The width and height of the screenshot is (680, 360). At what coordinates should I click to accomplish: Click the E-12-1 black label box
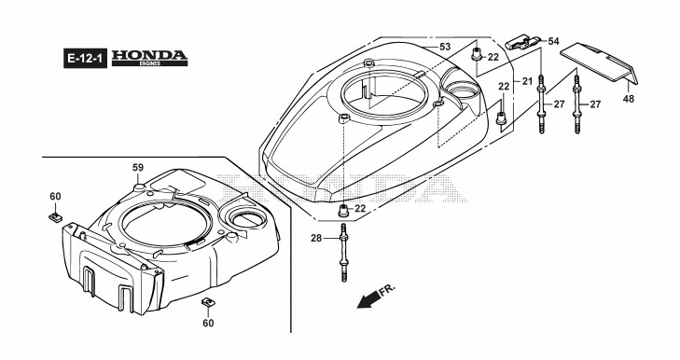(x=85, y=58)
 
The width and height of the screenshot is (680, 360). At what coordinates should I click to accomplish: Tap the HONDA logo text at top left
(x=149, y=55)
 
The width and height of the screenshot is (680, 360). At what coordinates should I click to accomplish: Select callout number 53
(x=445, y=47)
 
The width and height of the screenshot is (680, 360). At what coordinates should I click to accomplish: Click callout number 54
(x=554, y=41)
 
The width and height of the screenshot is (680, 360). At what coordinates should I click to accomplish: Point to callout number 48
(x=629, y=99)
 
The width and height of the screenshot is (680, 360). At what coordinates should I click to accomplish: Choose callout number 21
(x=527, y=81)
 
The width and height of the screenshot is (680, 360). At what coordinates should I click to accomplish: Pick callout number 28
(x=316, y=238)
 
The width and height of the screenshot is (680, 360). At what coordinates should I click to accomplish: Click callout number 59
(x=138, y=168)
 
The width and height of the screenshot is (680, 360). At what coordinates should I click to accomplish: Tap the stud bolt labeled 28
(x=344, y=253)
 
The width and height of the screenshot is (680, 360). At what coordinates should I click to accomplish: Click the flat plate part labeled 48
(x=599, y=62)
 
